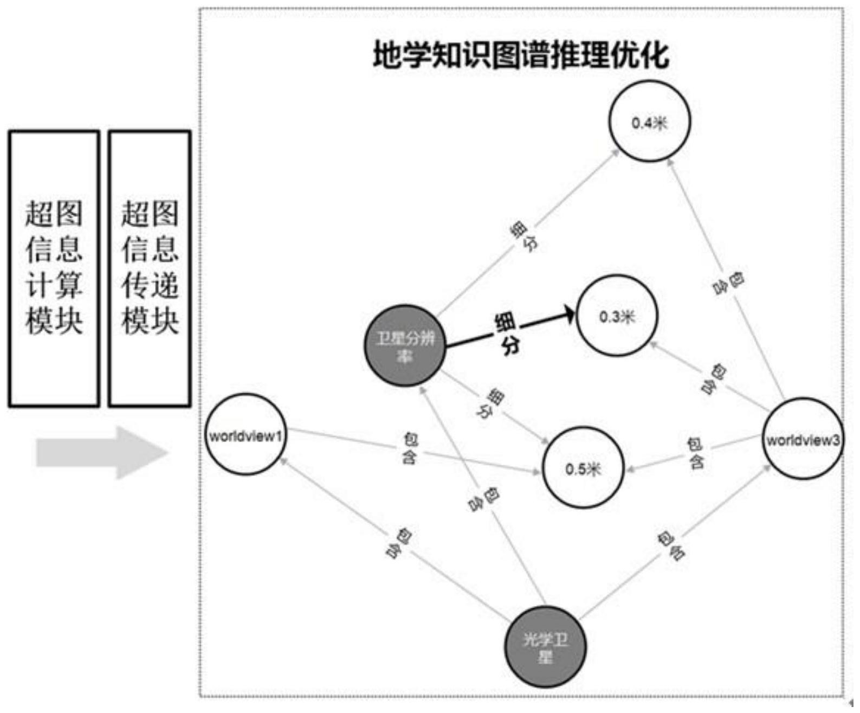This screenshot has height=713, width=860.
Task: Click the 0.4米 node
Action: [x=649, y=121]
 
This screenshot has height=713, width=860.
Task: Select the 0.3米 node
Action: [x=617, y=316]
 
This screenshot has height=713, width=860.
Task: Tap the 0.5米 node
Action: [x=583, y=468]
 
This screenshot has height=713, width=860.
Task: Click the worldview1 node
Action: [x=246, y=435]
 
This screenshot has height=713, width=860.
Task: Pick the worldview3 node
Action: [x=803, y=439]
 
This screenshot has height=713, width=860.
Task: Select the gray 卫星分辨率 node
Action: [x=405, y=346]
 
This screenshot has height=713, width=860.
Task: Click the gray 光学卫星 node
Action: [x=545, y=647]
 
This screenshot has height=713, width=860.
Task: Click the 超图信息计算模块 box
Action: [x=54, y=268]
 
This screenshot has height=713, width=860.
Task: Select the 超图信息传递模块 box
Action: [x=150, y=268]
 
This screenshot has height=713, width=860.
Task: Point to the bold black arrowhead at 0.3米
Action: [x=570, y=313]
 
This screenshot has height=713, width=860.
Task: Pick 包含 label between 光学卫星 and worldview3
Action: [x=670, y=545]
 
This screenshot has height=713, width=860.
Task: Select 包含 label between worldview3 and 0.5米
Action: [x=695, y=453]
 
